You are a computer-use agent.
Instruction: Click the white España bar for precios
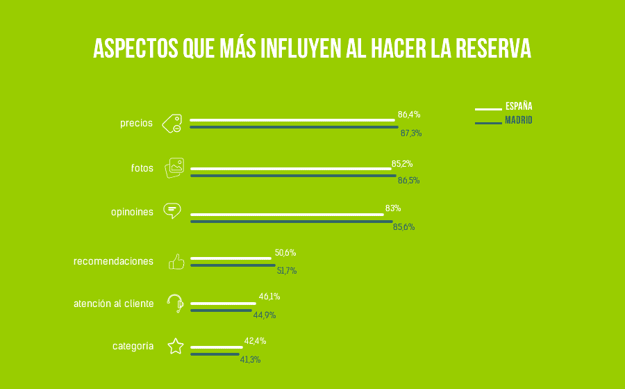(x=292, y=120)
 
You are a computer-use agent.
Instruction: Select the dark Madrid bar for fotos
(x=293, y=176)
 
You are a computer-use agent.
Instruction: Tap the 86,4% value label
(x=408, y=115)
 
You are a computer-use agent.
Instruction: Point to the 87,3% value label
(x=411, y=133)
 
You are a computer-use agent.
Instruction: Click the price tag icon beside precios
(x=172, y=124)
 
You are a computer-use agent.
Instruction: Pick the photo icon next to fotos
(x=174, y=168)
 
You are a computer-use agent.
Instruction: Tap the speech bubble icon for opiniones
(x=172, y=210)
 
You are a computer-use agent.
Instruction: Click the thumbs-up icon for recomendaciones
(x=176, y=262)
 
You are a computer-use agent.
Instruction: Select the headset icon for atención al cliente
(x=176, y=303)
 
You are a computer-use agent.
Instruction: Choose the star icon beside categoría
(x=176, y=346)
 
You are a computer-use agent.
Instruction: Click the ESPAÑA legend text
(x=519, y=107)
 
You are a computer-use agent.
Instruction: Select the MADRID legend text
(x=519, y=120)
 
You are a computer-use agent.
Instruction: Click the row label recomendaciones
(x=113, y=261)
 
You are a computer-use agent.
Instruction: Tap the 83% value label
(x=393, y=208)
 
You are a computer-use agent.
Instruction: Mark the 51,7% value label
(x=286, y=271)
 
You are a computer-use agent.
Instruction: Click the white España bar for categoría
(x=217, y=347)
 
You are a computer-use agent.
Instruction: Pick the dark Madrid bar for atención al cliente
(x=221, y=310)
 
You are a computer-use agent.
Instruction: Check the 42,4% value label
(x=255, y=341)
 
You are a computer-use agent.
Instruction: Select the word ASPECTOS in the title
(x=135, y=49)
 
